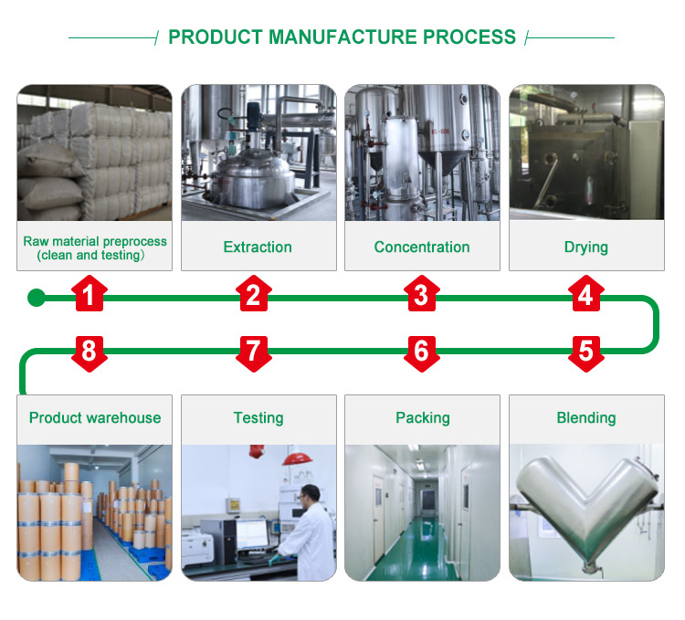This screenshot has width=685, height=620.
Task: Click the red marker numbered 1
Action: click(x=89, y=296)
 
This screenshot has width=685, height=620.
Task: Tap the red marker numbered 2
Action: click(x=253, y=296)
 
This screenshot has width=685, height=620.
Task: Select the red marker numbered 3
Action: click(x=421, y=296)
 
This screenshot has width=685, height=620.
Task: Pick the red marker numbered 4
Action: click(x=585, y=296)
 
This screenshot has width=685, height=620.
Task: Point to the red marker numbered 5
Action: click(x=585, y=351)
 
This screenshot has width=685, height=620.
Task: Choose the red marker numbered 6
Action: click(x=421, y=351)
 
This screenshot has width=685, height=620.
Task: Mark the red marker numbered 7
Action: click(x=253, y=351)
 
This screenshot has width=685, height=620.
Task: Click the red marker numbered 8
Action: click(x=89, y=351)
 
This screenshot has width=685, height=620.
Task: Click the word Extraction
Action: click(x=258, y=247)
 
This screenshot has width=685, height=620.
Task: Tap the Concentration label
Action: click(x=422, y=247)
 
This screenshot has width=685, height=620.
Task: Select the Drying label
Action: click(x=586, y=247)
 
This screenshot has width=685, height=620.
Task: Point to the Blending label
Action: click(x=586, y=418)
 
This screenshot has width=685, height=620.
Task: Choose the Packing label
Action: click(x=422, y=418)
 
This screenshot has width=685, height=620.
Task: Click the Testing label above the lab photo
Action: click(x=258, y=418)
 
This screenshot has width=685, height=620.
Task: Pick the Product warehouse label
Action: click(x=95, y=418)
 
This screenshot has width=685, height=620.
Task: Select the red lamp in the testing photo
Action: click(x=295, y=458)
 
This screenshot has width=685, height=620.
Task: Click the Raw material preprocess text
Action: click(x=95, y=242)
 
